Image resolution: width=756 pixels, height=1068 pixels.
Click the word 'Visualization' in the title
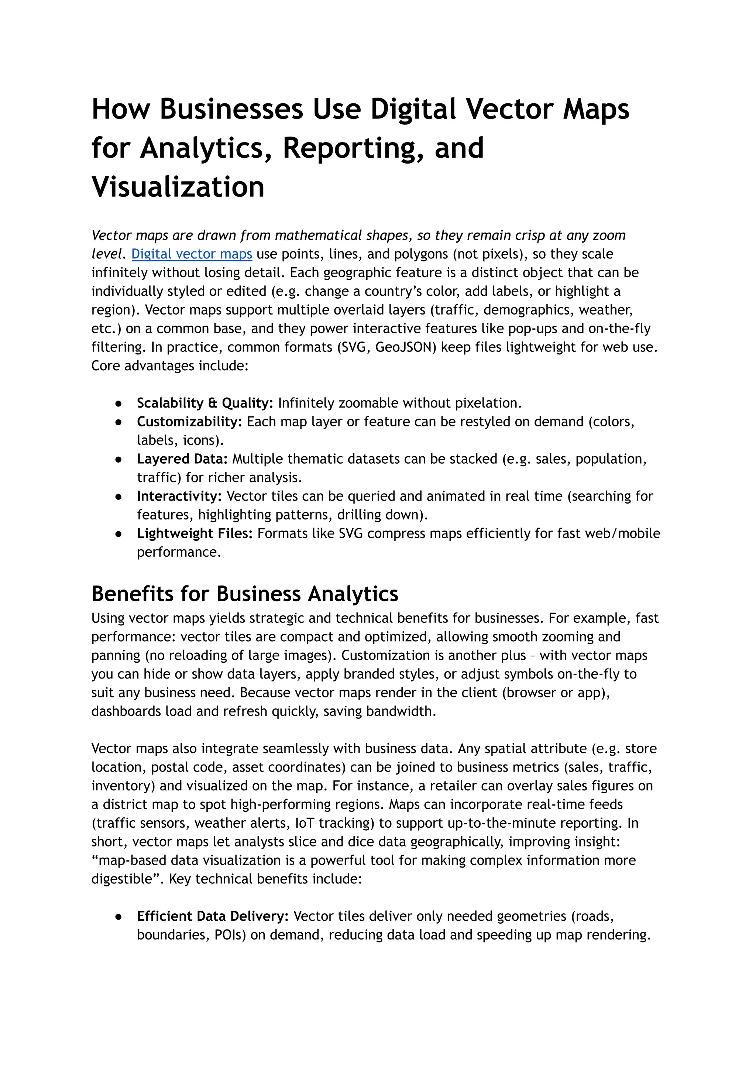coord(178,187)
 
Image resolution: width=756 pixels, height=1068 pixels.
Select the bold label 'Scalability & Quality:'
coord(205,403)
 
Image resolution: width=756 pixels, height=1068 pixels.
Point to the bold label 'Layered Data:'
coord(182,459)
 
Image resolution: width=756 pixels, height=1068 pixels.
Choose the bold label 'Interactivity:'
coord(179,496)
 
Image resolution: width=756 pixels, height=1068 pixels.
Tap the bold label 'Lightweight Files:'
coord(195,533)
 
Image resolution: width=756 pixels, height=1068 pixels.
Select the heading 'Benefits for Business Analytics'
coord(245,594)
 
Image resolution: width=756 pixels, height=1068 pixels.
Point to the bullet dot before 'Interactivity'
coord(119,496)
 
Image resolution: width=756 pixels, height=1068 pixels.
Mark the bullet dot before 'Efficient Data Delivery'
coord(119,916)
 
